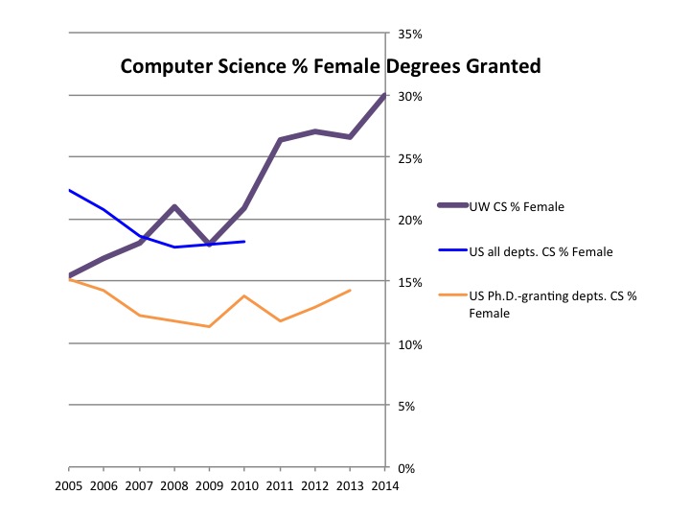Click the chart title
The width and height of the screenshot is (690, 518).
point(331,67)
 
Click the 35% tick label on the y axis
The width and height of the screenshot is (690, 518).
point(409,34)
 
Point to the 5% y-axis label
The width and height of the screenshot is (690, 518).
point(406,406)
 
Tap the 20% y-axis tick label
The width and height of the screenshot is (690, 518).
point(409,220)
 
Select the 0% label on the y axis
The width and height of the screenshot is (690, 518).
point(406,468)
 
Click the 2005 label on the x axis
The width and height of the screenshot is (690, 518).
point(69,485)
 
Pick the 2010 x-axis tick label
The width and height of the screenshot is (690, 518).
point(244,485)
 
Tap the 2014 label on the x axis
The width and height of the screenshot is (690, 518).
point(385,485)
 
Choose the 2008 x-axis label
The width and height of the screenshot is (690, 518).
point(174,485)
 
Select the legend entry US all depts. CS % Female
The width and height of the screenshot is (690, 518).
point(540,251)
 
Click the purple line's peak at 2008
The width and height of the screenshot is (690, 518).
point(174,206)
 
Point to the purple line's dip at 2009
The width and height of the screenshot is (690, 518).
point(209,245)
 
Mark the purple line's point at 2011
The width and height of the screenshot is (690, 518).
point(280,140)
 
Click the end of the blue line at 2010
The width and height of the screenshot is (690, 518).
point(244,242)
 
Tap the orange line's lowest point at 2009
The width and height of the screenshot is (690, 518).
point(209,326)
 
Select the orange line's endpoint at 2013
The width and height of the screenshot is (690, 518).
point(350,290)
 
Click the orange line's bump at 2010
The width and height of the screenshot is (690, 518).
point(244,295)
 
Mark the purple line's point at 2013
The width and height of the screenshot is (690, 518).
point(350,137)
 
